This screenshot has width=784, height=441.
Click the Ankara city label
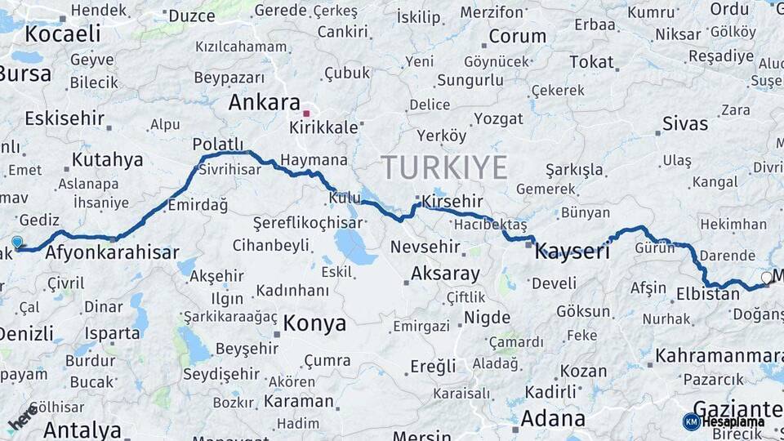pos(265,103)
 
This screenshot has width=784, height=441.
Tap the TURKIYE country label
pos(444,167)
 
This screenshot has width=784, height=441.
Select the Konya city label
pos(315,323)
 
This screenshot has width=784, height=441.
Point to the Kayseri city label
pos(572,252)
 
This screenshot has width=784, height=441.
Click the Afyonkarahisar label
pos(112,252)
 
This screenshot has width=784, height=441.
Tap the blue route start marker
pos(17,242)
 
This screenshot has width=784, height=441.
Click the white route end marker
pos(766,278)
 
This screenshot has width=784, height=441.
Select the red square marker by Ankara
pos(306,114)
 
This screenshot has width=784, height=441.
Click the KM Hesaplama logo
pos(724,421)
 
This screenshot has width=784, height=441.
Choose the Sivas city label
pos(684,124)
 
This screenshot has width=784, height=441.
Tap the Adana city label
pos(552,419)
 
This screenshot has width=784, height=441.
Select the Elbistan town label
pos(708,294)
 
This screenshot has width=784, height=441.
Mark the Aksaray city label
pos(445,274)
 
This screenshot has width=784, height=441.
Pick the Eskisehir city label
pos(65,118)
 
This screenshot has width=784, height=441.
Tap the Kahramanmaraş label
pos(719,356)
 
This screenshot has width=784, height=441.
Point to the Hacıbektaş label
pos(490,224)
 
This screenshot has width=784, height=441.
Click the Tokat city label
pos(591,62)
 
